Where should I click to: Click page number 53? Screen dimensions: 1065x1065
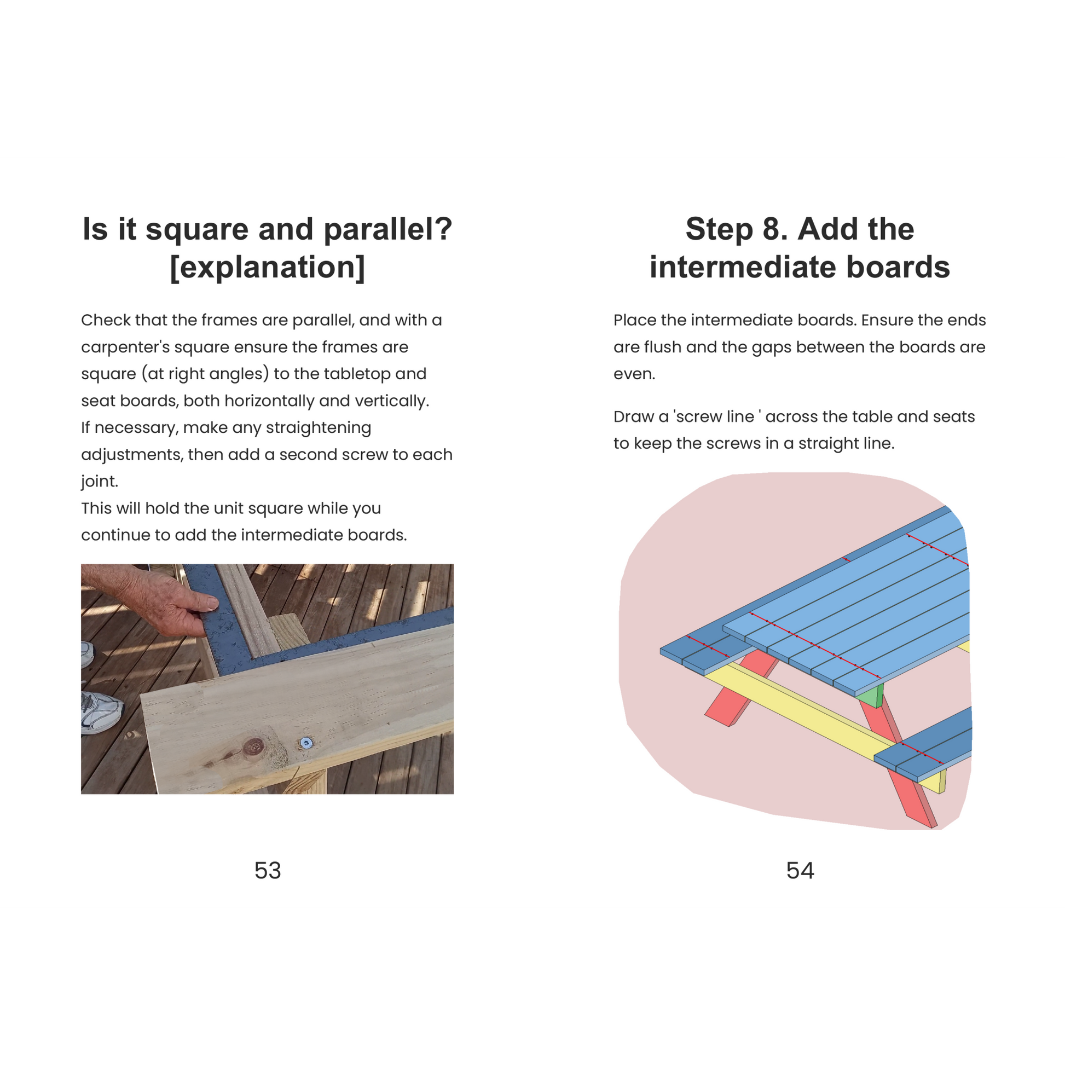pyautogui.click(x=268, y=870)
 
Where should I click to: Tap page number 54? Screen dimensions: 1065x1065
pyautogui.click(x=800, y=870)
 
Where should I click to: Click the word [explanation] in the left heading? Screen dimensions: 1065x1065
pyautogui.click(x=268, y=268)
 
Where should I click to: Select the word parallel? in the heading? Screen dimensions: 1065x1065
pyautogui.click(x=388, y=229)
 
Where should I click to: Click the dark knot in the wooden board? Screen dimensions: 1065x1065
pyautogui.click(x=254, y=746)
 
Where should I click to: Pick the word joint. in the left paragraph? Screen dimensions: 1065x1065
pyautogui.click(x=100, y=482)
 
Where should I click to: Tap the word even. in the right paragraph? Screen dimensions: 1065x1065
pyautogui.click(x=634, y=374)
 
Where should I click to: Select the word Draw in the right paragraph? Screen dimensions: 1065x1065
pyautogui.click(x=633, y=416)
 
